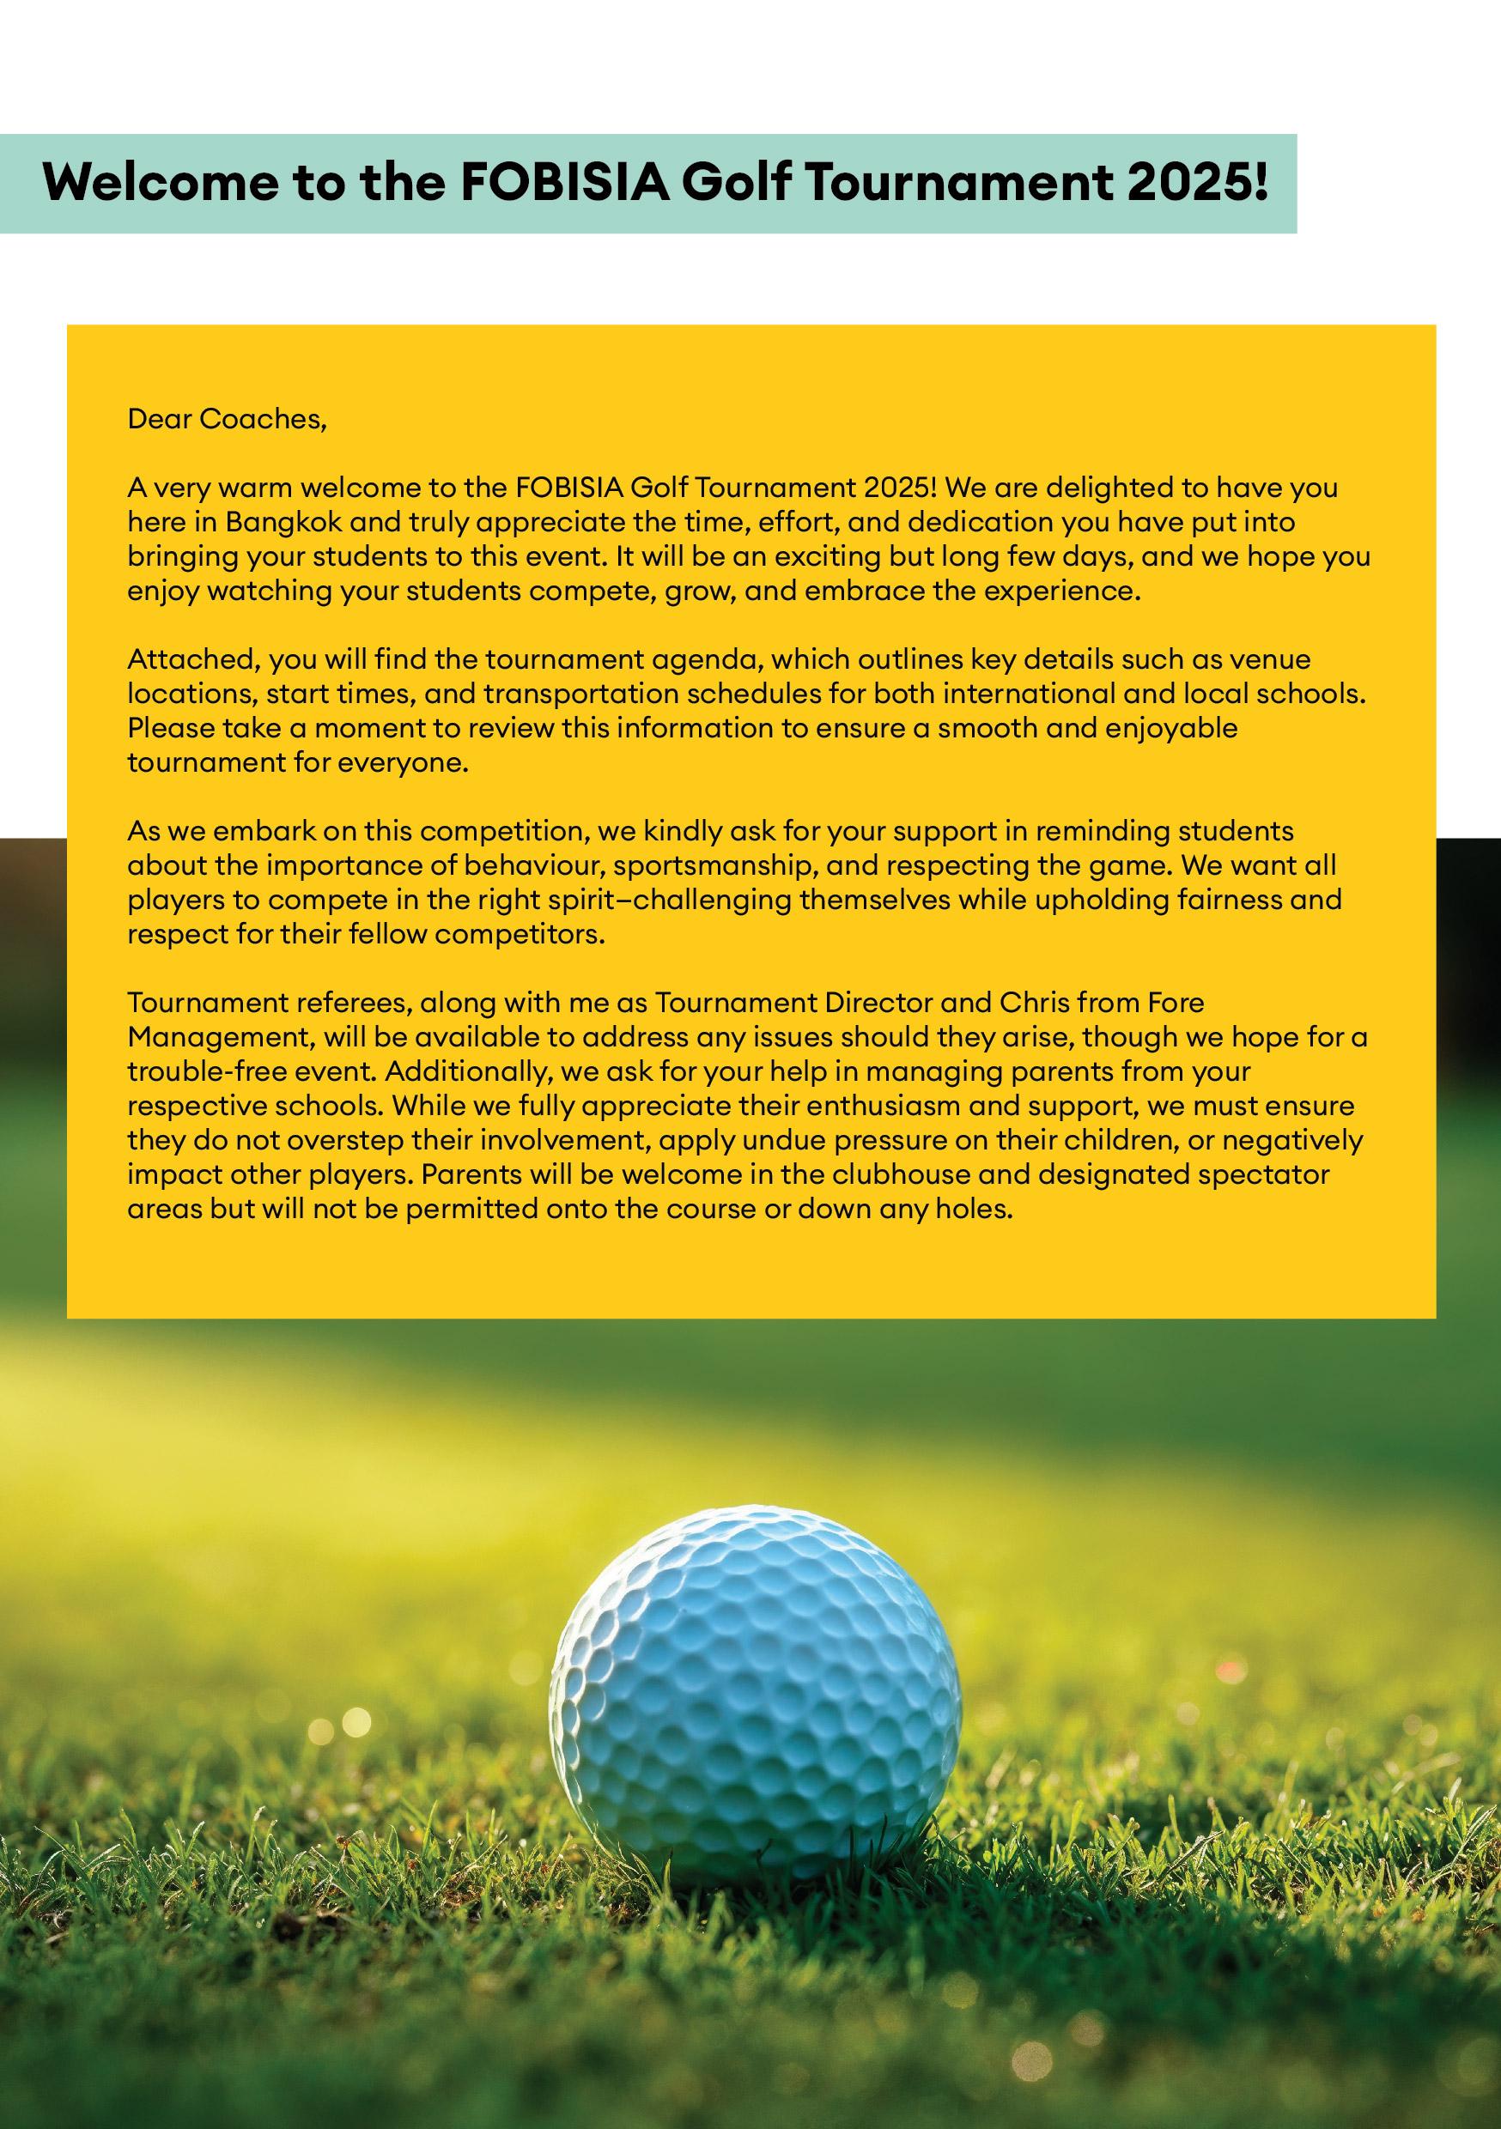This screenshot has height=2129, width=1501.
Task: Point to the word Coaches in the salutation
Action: pos(263,419)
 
